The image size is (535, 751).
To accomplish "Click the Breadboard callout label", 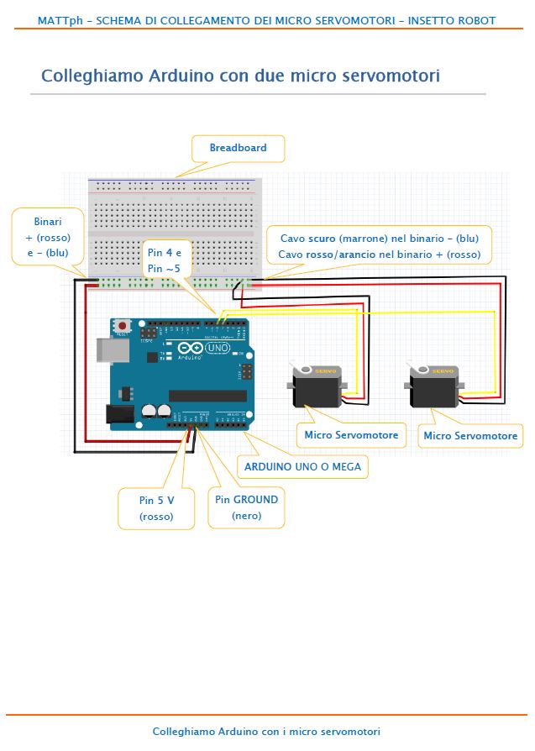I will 238,149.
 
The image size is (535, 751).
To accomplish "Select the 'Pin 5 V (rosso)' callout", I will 156,508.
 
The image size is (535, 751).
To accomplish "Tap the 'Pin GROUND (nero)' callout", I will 246,507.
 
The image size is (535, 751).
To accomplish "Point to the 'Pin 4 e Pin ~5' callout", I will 170,260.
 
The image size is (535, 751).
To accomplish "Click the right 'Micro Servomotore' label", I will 470,436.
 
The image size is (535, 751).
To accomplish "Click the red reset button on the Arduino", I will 123,325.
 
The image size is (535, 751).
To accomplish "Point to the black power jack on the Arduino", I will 119,413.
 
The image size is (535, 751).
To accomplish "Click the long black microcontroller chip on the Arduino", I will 207,395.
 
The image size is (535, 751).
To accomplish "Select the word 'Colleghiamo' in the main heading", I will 92,76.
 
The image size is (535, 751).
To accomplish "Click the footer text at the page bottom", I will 266,732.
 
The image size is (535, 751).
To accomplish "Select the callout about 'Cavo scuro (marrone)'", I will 380,246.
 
